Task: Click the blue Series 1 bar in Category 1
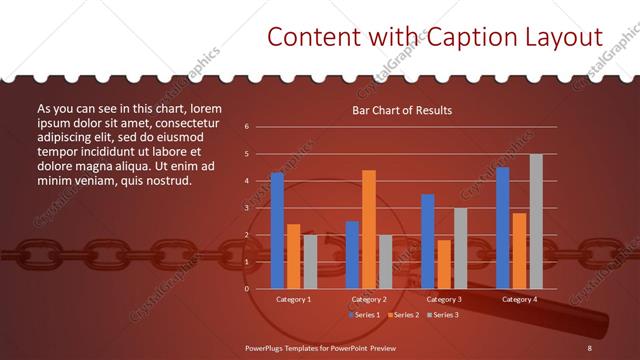click(277, 230)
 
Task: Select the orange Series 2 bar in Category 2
click(369, 229)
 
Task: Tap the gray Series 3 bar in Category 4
click(536, 221)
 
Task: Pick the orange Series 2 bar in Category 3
click(444, 264)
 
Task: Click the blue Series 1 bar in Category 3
click(428, 241)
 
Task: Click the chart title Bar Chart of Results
click(402, 110)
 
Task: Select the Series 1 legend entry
click(364, 315)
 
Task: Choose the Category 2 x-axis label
click(369, 299)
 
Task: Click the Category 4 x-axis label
click(519, 299)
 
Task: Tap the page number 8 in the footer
click(590, 347)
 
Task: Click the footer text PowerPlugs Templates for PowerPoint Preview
click(320, 347)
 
